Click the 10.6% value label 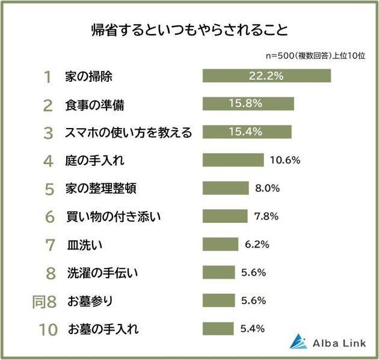pos(285,160)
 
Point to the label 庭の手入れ pos(95,160)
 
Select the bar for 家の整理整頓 pos(226,188)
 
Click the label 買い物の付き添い pos(105,216)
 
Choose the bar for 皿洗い pos(220,245)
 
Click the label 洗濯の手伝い pos(103,273)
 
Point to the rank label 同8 pos(44,301)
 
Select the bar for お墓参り pos(219,301)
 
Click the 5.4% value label pos(252,329)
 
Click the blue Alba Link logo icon pos(298,341)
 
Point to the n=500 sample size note pos(316,55)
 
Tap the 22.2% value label pos(266,76)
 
